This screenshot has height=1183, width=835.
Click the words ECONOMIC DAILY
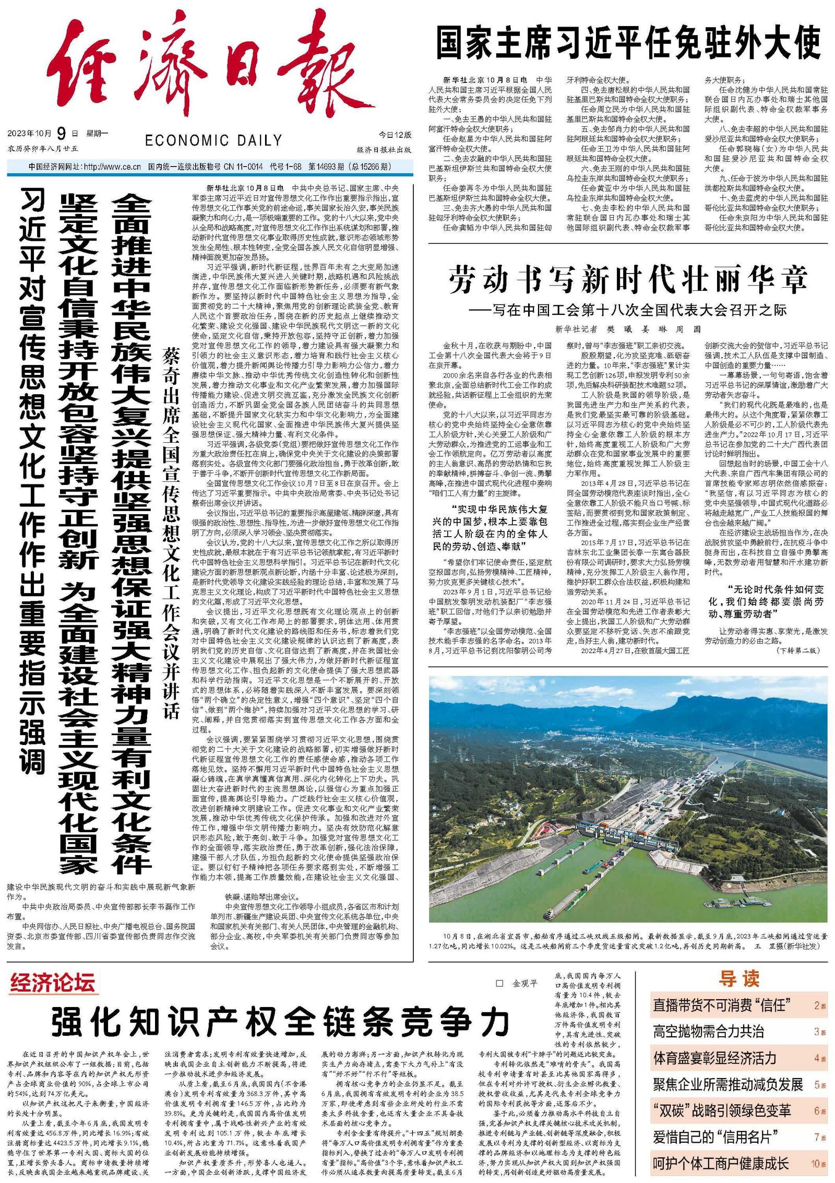[213, 140]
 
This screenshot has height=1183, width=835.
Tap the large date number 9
[62, 134]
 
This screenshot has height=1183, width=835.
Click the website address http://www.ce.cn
[112, 167]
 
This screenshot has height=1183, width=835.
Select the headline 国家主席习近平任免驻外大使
[628, 43]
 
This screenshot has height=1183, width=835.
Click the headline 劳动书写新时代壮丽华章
[628, 279]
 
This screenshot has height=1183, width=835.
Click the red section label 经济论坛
[52, 983]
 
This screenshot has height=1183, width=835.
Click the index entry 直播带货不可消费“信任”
[722, 1004]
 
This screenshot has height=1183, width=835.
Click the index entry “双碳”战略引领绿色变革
[722, 1110]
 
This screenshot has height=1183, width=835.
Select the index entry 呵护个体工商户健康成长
[721, 1163]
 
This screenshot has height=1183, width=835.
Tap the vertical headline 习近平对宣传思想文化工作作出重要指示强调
[32, 480]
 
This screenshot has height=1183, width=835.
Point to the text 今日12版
[395, 135]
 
